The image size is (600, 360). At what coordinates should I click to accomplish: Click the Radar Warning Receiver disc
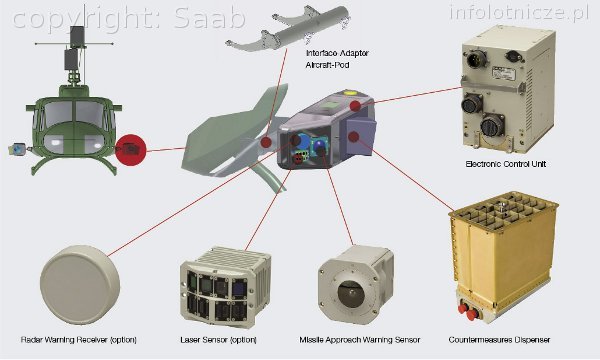point(77,286)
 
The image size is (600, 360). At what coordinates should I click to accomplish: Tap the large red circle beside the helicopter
point(131,152)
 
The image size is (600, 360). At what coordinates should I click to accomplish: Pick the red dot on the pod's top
point(355,105)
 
